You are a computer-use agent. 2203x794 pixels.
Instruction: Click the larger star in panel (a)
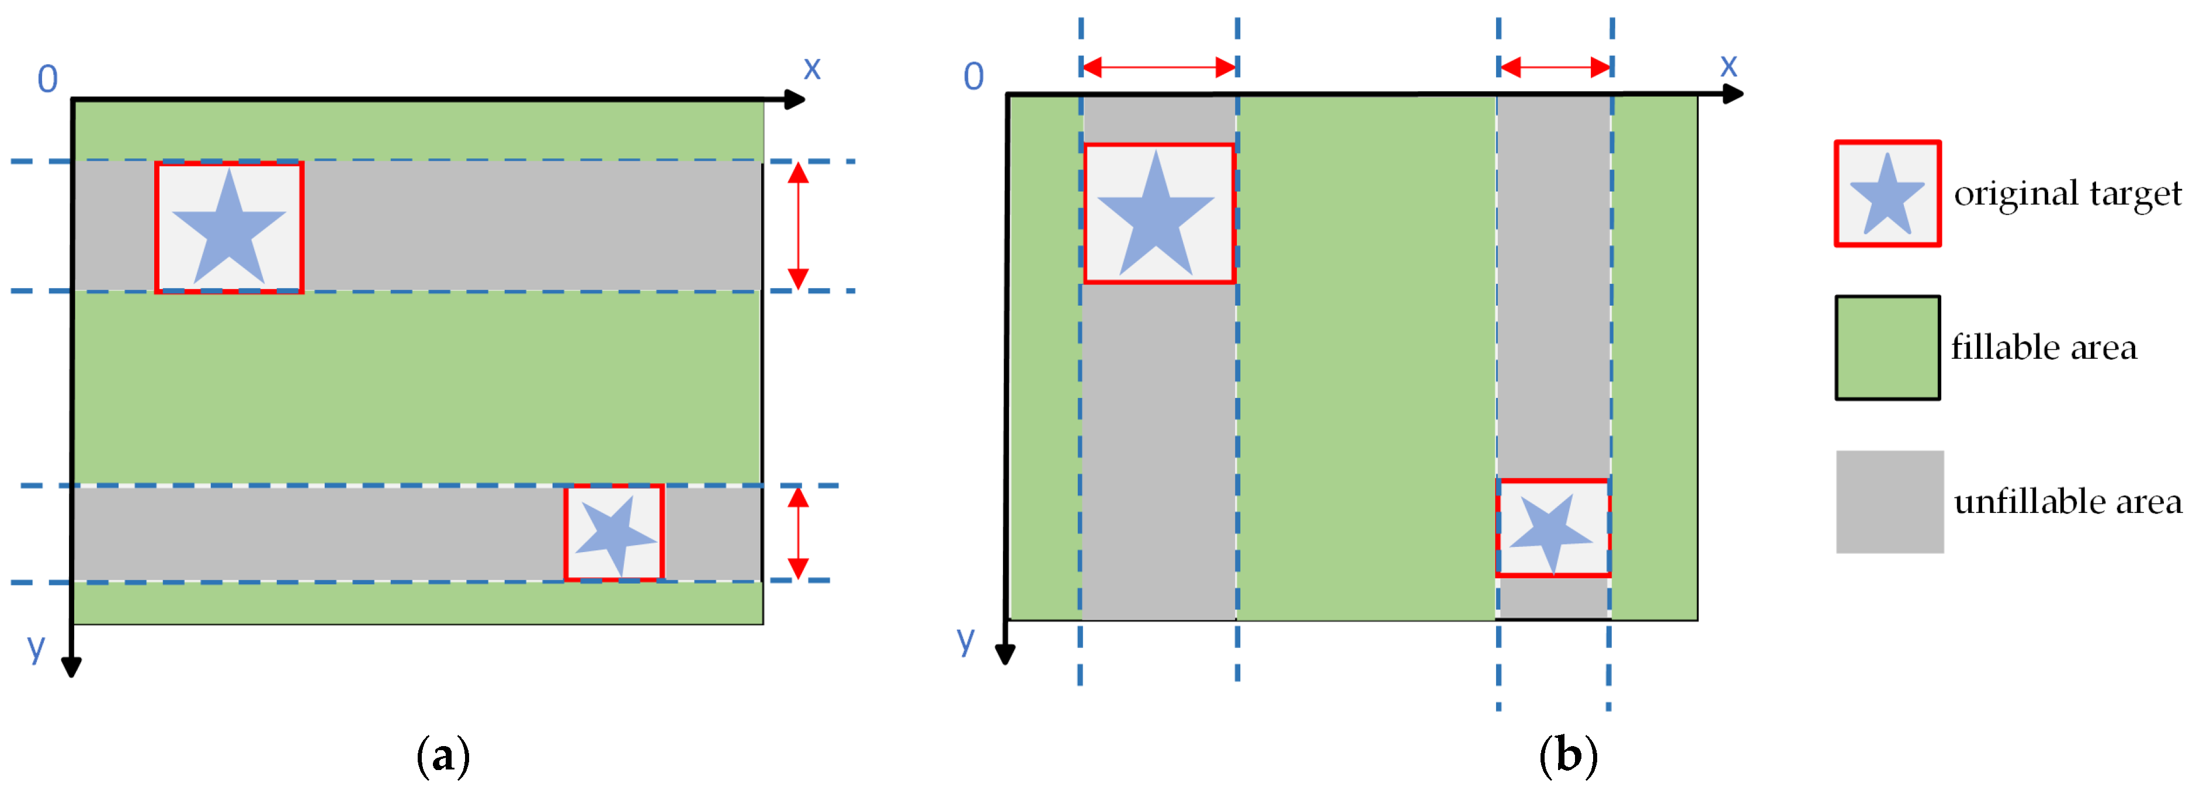pos(229,228)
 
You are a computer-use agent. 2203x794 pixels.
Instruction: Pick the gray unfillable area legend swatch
pos(1889,502)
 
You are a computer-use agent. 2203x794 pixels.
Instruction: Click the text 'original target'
pos(2067,193)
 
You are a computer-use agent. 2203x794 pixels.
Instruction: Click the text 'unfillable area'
pos(2067,501)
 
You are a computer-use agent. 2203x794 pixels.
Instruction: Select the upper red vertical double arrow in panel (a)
pos(798,226)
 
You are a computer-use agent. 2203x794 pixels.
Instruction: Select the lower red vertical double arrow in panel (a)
pos(798,533)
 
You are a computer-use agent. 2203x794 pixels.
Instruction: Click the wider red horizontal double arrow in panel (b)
pos(1159,67)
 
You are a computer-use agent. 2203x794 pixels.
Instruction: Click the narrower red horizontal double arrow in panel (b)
pos(1555,67)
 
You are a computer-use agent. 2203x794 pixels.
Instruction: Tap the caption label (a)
pos(442,755)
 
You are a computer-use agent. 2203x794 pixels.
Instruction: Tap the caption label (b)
pos(1567,755)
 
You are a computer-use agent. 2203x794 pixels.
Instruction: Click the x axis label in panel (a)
pos(811,68)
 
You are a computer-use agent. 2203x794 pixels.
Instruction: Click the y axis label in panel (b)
pos(966,637)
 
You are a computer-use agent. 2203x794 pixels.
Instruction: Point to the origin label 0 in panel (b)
pos(973,77)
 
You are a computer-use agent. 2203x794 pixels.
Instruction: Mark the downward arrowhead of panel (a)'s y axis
pos(72,667)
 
